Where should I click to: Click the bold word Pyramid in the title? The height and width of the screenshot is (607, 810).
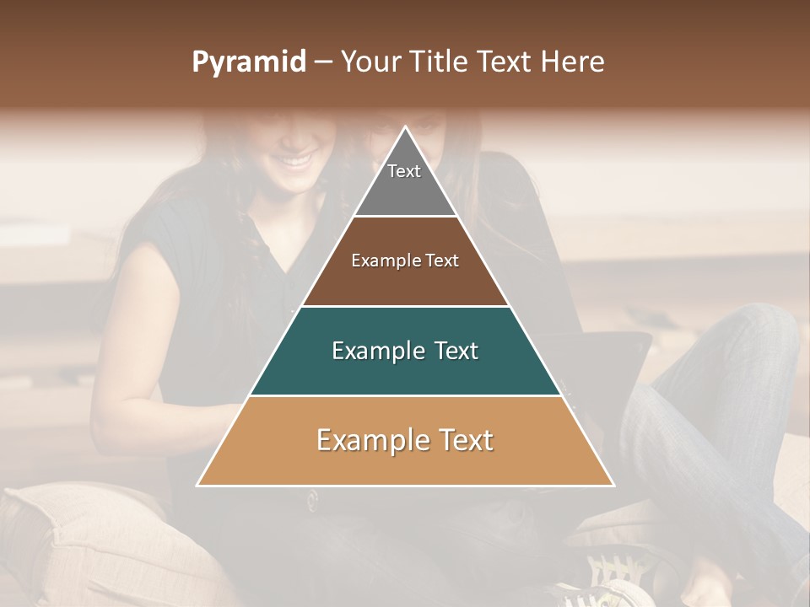(248, 62)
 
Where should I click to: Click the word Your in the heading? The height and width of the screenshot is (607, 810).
(372, 62)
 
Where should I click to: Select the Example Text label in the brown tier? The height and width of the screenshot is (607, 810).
(405, 261)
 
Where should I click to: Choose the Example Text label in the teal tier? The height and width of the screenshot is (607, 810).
(405, 351)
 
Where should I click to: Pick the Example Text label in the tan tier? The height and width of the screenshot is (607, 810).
(405, 440)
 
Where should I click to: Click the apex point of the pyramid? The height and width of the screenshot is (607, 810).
(406, 127)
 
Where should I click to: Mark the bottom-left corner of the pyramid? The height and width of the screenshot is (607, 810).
(197, 486)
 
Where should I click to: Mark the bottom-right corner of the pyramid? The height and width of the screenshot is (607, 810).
(613, 486)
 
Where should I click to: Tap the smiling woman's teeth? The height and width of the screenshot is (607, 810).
(295, 158)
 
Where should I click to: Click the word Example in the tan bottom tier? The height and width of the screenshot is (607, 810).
(359, 440)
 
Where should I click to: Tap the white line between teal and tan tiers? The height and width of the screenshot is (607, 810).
(405, 395)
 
